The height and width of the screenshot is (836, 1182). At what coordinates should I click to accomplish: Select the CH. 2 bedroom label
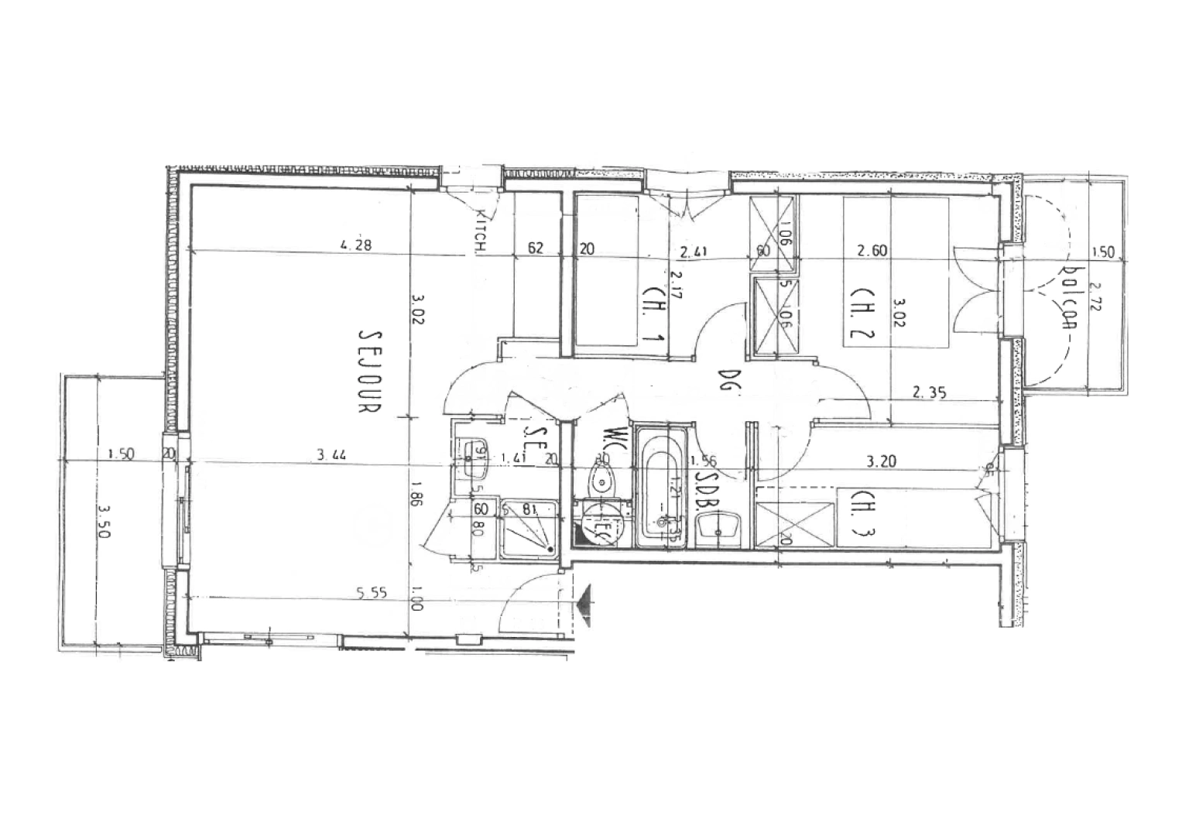[862, 315]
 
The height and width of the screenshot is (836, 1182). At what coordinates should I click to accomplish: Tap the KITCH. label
[481, 231]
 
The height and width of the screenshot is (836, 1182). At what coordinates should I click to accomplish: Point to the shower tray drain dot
[550, 549]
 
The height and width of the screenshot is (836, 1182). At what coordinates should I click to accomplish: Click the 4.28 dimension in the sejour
[356, 245]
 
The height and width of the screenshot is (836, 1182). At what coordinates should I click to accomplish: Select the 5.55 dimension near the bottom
[372, 594]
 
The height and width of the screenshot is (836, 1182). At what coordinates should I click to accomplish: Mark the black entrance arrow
[584, 600]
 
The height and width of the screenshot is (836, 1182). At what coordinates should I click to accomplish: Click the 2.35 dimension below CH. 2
[929, 392]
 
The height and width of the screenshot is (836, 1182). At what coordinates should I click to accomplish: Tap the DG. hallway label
[725, 380]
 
